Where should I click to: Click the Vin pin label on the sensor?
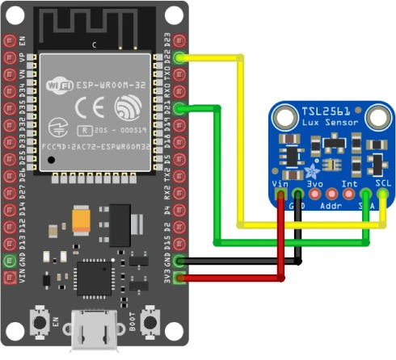pyautogui.click(x=280, y=183)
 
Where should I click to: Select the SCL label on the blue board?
pyautogui.click(x=383, y=183)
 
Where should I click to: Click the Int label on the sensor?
pyautogui.click(x=349, y=183)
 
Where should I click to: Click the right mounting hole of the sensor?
pyautogui.click(x=377, y=119)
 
